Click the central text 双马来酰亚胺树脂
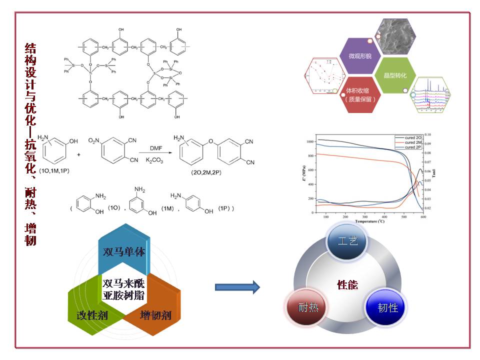tap(123, 288)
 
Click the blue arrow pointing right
tap(237, 286)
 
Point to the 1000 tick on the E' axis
tap(311, 142)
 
